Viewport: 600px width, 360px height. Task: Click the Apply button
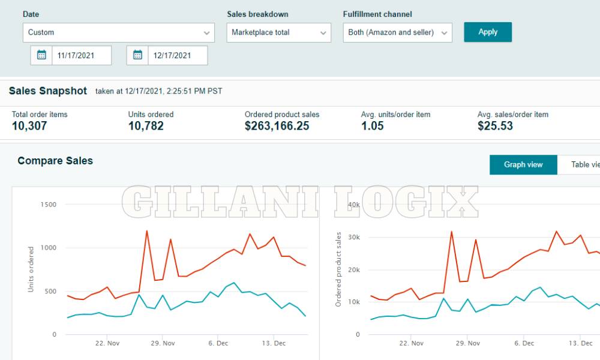pos(488,32)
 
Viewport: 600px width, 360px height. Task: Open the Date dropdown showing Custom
pos(118,32)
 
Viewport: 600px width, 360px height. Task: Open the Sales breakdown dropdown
pos(278,32)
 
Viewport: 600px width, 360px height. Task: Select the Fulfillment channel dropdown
pos(397,32)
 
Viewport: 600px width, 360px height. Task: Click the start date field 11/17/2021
pos(81,55)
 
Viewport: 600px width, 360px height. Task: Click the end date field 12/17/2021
pos(177,55)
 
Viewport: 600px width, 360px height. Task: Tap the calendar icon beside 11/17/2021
pos(41,55)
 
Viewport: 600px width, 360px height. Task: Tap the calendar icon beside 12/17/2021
pos(137,55)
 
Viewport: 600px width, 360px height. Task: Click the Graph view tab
pos(523,164)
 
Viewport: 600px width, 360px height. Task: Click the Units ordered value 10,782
pos(146,126)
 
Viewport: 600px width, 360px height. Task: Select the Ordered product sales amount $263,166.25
pos(277,126)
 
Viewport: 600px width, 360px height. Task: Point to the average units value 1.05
pos(373,126)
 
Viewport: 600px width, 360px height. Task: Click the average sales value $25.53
pos(495,126)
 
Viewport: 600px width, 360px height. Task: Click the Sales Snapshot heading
pos(48,91)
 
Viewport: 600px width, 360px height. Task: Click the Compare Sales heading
pos(55,161)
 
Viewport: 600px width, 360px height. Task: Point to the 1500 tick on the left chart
pos(49,205)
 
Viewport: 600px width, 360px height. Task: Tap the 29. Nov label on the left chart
pos(163,343)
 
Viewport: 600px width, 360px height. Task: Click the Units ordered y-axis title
pos(31,269)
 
